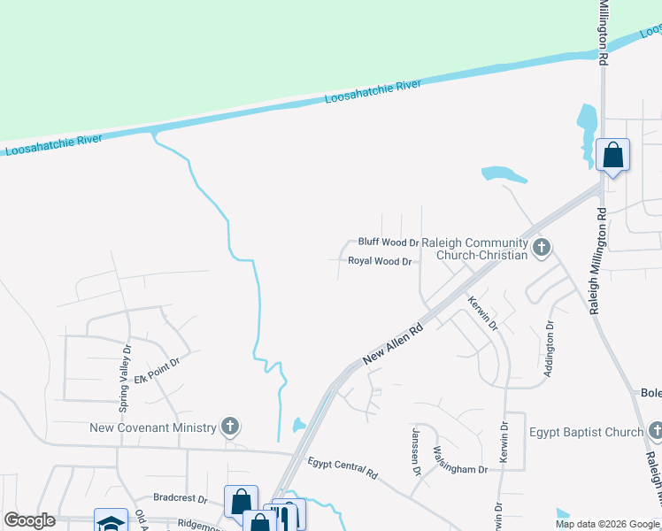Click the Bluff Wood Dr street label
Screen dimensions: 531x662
[388, 242]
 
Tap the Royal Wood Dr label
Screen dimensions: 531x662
[380, 261]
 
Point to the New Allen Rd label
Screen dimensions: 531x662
[394, 343]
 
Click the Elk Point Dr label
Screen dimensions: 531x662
[158, 367]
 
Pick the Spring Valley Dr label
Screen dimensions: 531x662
[124, 379]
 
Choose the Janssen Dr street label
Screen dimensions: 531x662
[415, 453]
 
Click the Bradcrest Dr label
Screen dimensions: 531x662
[179, 498]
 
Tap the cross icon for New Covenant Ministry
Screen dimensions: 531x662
[230, 427]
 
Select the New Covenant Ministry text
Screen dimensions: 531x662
[153, 427]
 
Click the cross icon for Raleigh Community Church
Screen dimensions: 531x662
[542, 248]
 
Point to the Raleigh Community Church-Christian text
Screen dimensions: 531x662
[474, 249]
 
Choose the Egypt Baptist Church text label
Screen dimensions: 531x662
[586, 432]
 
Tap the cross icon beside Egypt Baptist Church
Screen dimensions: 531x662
[656, 432]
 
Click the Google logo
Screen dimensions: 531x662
[29, 520]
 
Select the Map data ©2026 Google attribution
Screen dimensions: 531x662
[607, 524]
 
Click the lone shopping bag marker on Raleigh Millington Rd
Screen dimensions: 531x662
[612, 156]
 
